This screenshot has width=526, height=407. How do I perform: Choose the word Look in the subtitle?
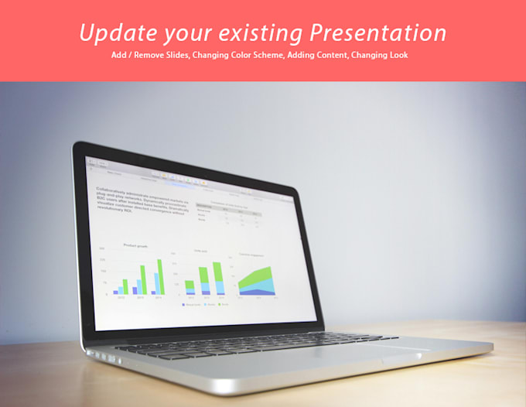[398, 56]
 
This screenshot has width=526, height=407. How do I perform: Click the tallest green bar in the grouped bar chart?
[161, 277]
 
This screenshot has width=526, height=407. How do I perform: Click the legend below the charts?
[203, 304]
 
